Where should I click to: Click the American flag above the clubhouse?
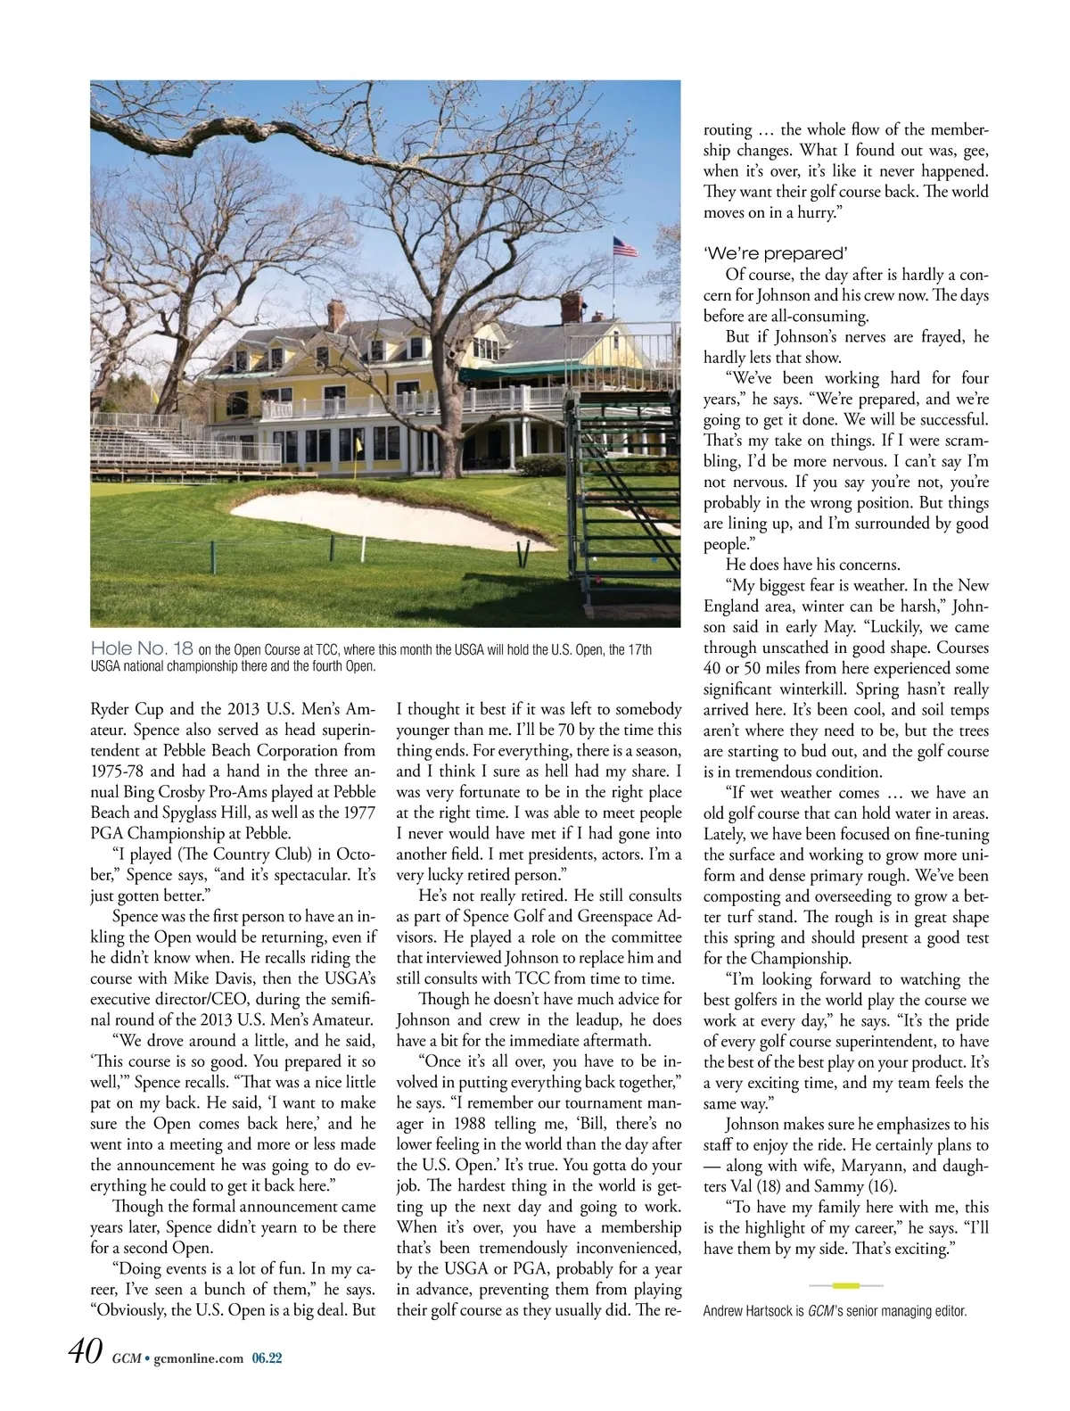[x=626, y=247]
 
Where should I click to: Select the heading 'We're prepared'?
[x=775, y=253]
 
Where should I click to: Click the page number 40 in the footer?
[x=86, y=1352]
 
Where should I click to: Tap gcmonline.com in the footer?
[x=198, y=1358]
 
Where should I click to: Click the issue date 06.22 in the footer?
[x=267, y=1358]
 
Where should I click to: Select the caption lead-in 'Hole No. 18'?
[x=142, y=648]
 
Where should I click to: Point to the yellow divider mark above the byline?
[x=845, y=1285]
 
